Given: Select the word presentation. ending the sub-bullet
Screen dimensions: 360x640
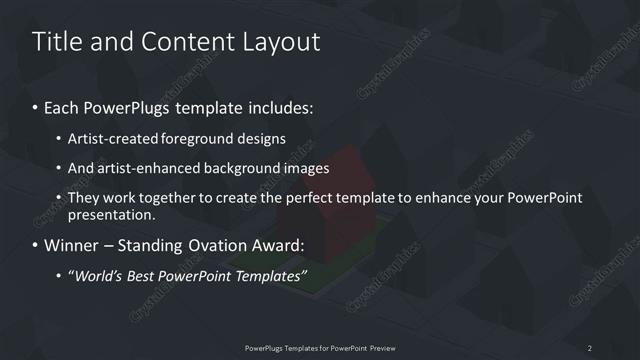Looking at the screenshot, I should pos(113,214).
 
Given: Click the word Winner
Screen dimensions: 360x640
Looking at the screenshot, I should pos(71,245).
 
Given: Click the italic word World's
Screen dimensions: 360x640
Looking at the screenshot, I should pos(101,275).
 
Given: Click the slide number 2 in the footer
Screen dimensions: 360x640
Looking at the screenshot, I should pos(589,347).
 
